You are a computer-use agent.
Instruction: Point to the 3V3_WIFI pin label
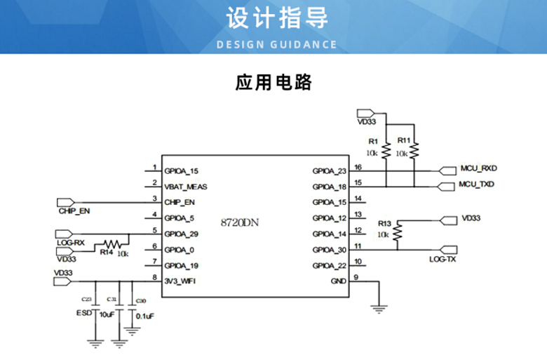180,281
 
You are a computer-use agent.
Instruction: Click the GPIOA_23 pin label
330,171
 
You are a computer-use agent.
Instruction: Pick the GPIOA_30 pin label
330,251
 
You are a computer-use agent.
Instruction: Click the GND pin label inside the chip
339,282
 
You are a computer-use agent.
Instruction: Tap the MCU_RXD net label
478,169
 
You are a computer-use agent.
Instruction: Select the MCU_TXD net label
477,185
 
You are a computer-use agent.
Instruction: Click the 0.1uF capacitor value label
144,316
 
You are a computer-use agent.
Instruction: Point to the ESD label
85,314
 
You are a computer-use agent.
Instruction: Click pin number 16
358,167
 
